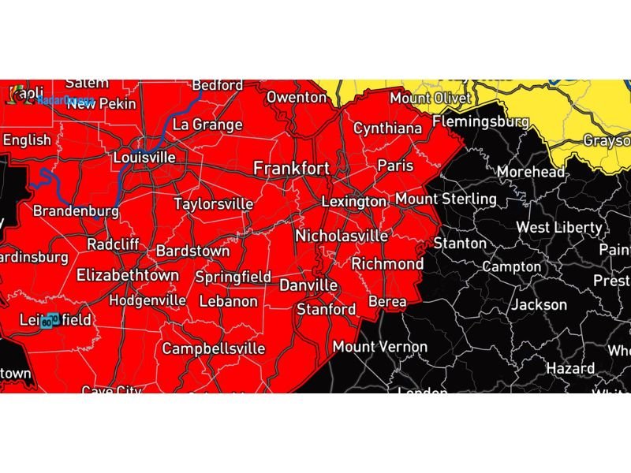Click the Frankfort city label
[x=290, y=169]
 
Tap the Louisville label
[x=144, y=158]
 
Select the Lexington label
[x=354, y=202]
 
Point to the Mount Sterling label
[x=446, y=199]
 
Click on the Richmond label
[x=387, y=263]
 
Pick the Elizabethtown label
[x=128, y=276]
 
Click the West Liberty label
[x=559, y=228]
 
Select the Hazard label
[x=570, y=368]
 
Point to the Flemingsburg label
[x=480, y=122]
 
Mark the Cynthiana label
[x=387, y=128]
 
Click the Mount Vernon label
[x=379, y=347]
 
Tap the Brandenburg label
[x=76, y=211]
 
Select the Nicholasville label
[x=342, y=236]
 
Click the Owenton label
[x=297, y=97]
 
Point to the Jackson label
[x=540, y=304]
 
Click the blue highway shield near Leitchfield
[x=50, y=322]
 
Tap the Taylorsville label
[x=214, y=204]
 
